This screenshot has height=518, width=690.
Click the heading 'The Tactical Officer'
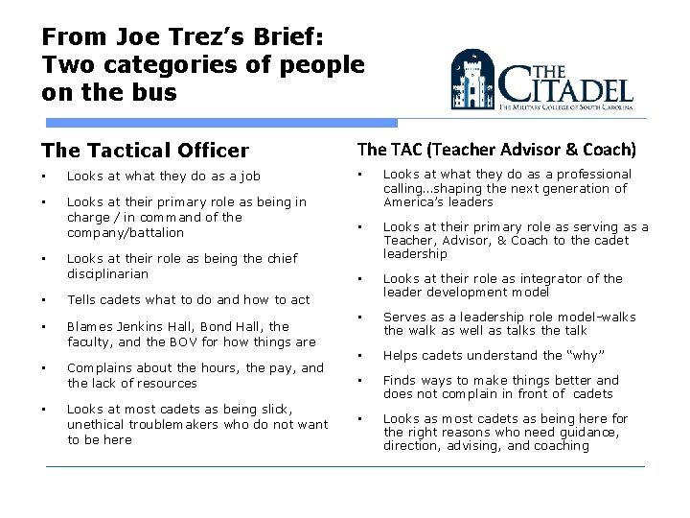pos(145,150)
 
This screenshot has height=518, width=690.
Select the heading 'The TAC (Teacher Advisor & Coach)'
pos(496,149)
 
